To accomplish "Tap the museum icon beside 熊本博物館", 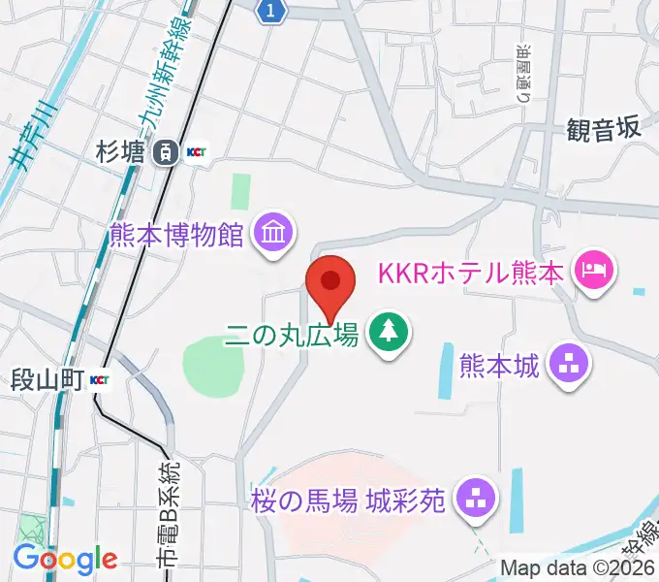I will pos(274,233).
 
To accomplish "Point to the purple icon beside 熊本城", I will pos(568,366).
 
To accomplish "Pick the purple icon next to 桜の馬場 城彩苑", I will pos(474,500).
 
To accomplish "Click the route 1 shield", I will pos(274,10).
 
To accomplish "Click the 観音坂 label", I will pos(604,129).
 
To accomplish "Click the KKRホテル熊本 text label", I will pos(471,273).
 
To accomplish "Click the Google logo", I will pos(64,559).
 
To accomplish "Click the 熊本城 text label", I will pos(498,367).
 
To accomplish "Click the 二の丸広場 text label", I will pos(293,336).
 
